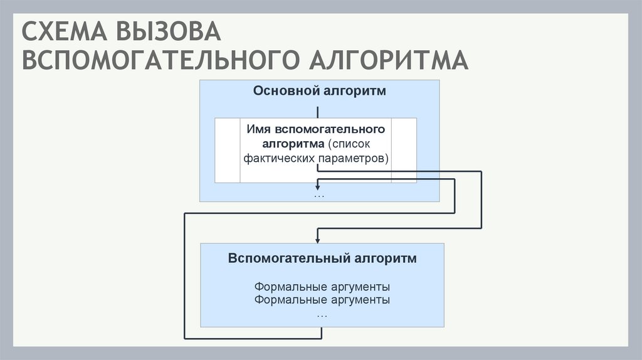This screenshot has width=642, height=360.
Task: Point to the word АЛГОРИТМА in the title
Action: [x=388, y=61]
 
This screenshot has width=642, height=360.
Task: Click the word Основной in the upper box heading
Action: [x=287, y=91]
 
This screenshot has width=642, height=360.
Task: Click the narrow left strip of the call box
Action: [x=228, y=150]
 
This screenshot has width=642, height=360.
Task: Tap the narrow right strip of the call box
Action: [x=404, y=150]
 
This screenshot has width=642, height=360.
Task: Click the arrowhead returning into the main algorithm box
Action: [x=318, y=186]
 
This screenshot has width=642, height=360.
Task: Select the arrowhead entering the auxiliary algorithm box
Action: [x=318, y=239]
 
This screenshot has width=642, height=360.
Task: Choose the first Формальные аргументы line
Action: [x=322, y=287]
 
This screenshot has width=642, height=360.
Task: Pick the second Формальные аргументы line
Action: [x=322, y=300]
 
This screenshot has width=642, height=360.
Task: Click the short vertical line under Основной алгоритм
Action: [x=318, y=112]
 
